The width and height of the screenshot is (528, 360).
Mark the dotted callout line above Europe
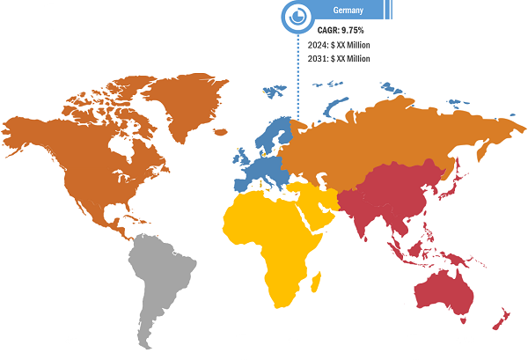(297, 88)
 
